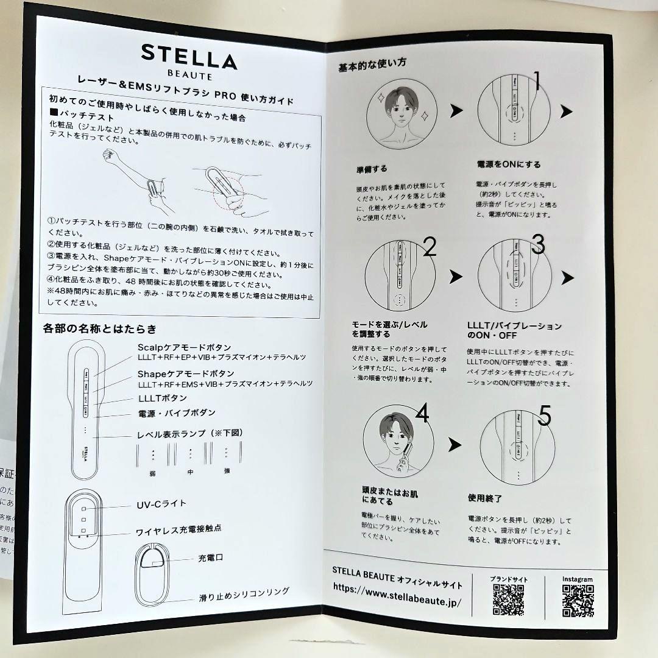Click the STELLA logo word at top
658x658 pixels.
189,57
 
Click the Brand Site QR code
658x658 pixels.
508,600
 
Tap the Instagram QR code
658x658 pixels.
578,601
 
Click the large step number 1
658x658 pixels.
538,81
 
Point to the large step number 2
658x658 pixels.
430,247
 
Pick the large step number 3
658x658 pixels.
538,244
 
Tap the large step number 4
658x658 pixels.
422,414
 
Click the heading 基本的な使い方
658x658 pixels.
373,63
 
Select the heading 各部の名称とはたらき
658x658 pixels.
100,330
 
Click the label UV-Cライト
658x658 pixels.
161,504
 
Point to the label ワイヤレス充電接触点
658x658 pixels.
179,529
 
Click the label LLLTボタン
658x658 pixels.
163,398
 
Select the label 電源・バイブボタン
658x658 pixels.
177,413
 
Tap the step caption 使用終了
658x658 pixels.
485,498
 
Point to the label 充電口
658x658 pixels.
210,558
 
